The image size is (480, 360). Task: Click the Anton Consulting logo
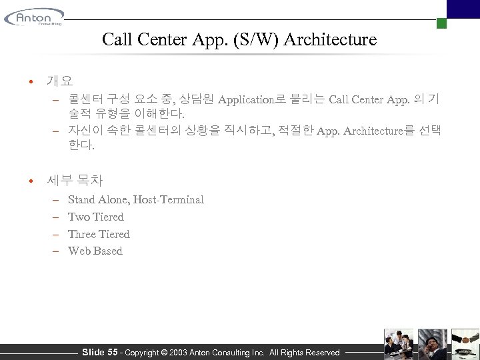click(34, 17)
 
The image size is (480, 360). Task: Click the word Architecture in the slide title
click(330, 40)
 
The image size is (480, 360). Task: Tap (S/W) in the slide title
click(258, 40)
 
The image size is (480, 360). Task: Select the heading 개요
click(59, 81)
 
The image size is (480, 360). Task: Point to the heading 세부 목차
click(75, 180)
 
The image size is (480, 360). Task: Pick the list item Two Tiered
click(96, 217)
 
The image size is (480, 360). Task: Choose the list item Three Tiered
click(99, 234)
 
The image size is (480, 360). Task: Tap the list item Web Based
click(95, 251)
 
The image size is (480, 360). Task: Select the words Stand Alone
click(99, 199)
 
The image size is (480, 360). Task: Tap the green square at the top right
click(441, 23)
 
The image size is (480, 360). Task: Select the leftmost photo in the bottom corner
click(399, 343)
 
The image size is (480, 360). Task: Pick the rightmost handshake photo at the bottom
click(465, 343)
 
